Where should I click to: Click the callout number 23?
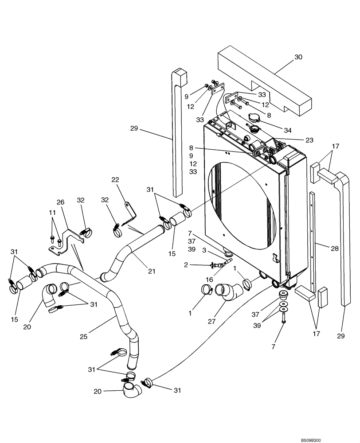[309, 140]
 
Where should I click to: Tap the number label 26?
[61, 202]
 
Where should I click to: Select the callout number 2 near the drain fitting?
[187, 265]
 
